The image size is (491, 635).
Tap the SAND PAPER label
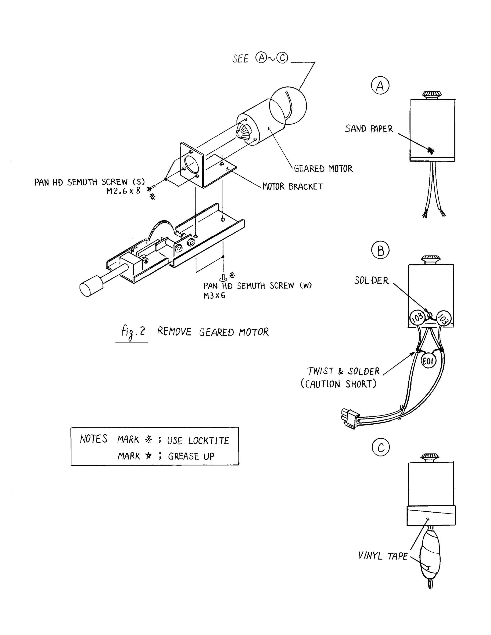click(x=369, y=129)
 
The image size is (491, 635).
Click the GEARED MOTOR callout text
click(x=323, y=169)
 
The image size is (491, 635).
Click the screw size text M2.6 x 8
click(x=123, y=191)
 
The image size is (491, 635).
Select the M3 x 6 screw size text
click(x=214, y=295)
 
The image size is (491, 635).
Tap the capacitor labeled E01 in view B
click(x=428, y=361)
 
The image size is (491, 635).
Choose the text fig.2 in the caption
click(x=133, y=332)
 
